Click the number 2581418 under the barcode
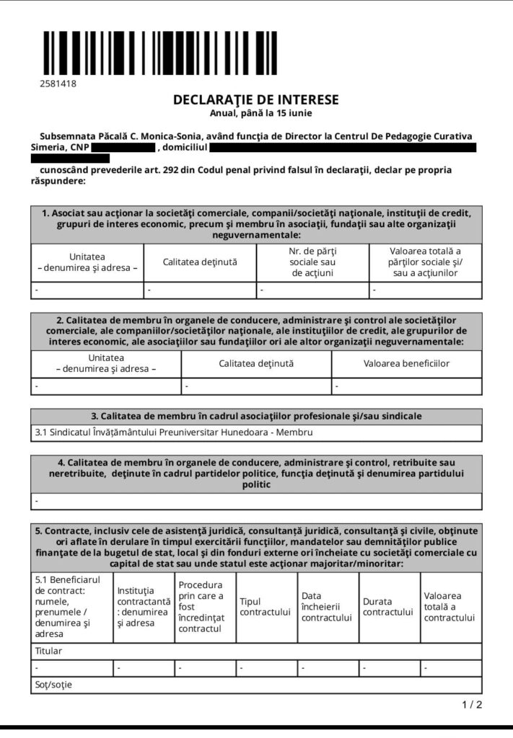(58, 84)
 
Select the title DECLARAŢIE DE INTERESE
(256, 99)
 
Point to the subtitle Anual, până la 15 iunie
(256, 112)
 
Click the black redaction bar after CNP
(123, 147)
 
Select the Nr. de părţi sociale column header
(312, 262)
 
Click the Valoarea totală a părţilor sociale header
(425, 262)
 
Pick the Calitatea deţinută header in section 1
(200, 262)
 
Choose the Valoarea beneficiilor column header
(406, 363)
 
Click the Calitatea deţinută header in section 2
(256, 363)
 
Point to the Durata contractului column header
(388, 607)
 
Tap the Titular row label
(48, 651)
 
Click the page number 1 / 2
(472, 705)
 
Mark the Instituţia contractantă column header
(143, 607)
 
